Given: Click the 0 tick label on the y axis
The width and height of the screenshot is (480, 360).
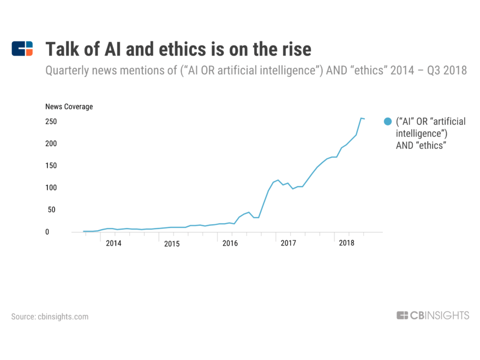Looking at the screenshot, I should (x=47, y=232).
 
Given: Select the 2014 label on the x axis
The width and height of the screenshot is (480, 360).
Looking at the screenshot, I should (x=113, y=243).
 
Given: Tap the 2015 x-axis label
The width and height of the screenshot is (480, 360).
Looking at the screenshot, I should (x=172, y=243).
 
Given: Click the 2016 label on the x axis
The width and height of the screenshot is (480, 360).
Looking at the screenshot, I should (x=230, y=243).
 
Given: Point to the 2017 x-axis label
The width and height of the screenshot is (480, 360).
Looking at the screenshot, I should (x=288, y=243).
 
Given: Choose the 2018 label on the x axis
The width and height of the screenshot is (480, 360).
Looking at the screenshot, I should (x=346, y=243).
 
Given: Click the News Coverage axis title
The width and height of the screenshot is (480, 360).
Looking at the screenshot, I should (x=69, y=107).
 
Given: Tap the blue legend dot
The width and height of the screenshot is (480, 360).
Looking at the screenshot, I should (x=388, y=122).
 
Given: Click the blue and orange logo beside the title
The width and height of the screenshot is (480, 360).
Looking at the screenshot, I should (x=22, y=49).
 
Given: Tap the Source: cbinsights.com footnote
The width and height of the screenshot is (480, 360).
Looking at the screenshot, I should (x=50, y=316).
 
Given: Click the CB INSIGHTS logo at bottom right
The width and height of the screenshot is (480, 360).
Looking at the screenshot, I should (x=433, y=315).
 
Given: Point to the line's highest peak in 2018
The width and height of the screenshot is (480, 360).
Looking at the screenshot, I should (x=361, y=118).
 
